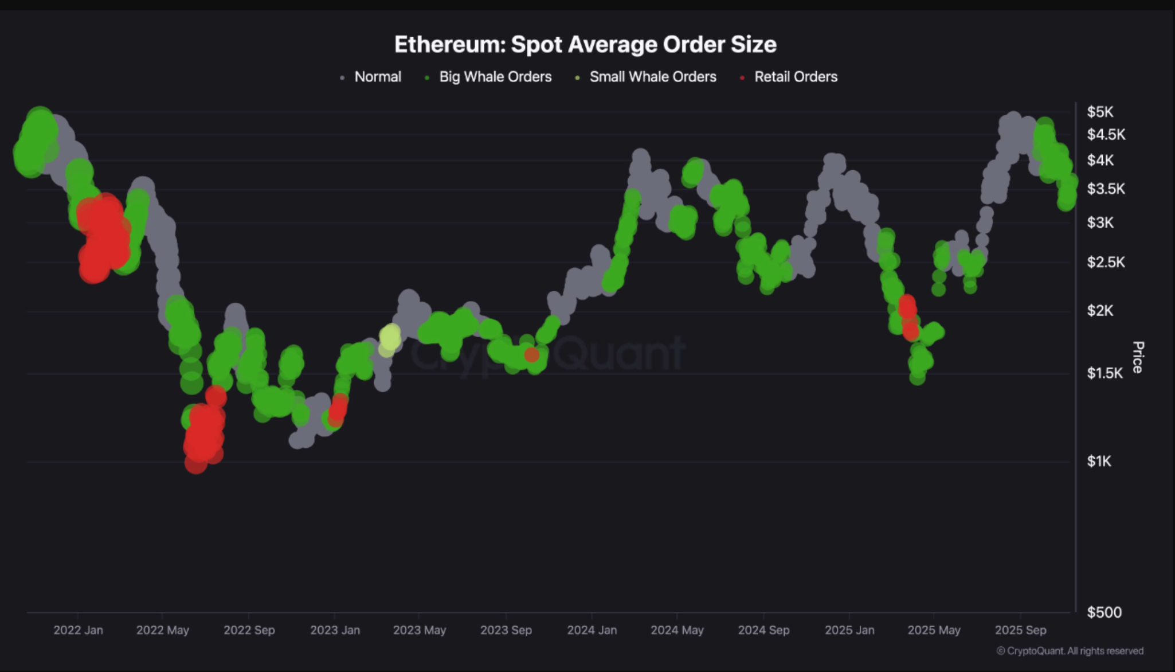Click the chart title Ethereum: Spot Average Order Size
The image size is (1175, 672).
[x=585, y=45]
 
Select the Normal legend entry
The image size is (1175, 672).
[x=377, y=77]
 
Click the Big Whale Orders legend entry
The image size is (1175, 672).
[x=495, y=77]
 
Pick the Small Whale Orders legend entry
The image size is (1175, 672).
[x=652, y=77]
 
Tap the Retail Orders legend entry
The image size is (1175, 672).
[x=795, y=77]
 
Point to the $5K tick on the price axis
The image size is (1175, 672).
[x=1100, y=112]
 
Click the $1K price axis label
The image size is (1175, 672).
[x=1099, y=461]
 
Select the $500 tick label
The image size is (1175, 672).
[x=1104, y=612]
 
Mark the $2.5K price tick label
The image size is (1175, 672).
[x=1106, y=262]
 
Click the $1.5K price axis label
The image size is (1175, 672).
[x=1104, y=373]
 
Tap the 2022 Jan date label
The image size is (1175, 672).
[x=78, y=630]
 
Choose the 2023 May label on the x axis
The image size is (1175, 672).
[x=419, y=630]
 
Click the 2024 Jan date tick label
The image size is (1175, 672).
[x=592, y=630]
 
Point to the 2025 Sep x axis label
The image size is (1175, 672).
[x=1020, y=630]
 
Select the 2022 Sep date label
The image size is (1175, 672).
[x=249, y=630]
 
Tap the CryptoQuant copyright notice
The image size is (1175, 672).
[x=1070, y=651]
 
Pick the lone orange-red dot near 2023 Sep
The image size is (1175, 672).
[x=531, y=355]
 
